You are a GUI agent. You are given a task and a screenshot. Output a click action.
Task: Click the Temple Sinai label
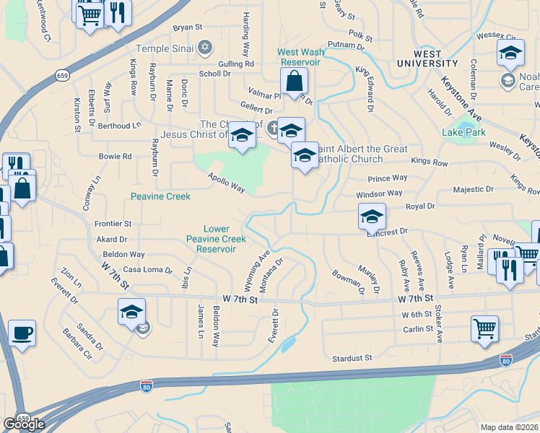(x=164, y=47)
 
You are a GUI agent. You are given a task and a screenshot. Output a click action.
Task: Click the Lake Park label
(x=463, y=132)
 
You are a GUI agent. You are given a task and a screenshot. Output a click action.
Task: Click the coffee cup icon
(x=22, y=333)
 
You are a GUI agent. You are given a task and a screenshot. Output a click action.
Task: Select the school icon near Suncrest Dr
(x=372, y=216)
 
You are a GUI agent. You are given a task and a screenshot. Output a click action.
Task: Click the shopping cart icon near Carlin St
(x=484, y=328)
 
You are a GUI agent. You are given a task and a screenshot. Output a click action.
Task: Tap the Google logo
(x=23, y=424)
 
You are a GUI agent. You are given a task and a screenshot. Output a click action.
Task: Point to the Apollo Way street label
(x=227, y=183)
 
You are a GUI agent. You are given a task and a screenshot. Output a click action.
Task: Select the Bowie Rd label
(x=116, y=156)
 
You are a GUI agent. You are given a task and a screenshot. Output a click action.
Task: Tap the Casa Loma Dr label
(x=148, y=270)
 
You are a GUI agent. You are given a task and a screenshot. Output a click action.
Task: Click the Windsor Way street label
(x=379, y=193)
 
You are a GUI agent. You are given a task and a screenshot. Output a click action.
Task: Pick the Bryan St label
(x=186, y=27)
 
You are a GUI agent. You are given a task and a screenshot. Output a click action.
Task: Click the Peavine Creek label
(x=160, y=196)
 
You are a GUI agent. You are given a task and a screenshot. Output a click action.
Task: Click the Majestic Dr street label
(x=473, y=189)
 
